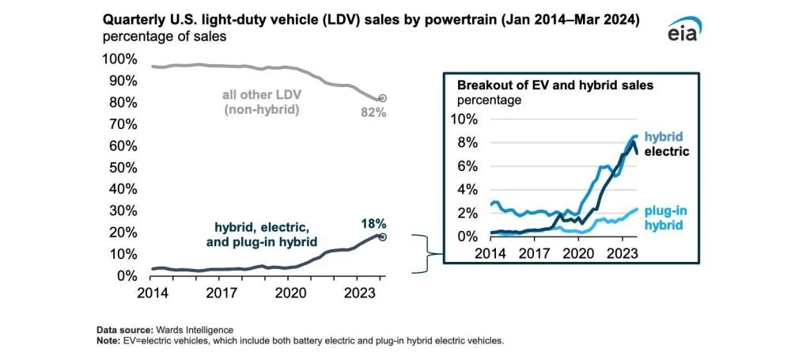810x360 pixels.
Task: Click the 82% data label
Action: coord(373,113)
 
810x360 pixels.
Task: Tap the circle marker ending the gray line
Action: coord(381,98)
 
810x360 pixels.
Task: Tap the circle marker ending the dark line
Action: coord(381,237)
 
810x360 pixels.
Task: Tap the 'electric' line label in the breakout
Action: coord(667,151)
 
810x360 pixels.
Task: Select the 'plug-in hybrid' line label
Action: coord(665,218)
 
